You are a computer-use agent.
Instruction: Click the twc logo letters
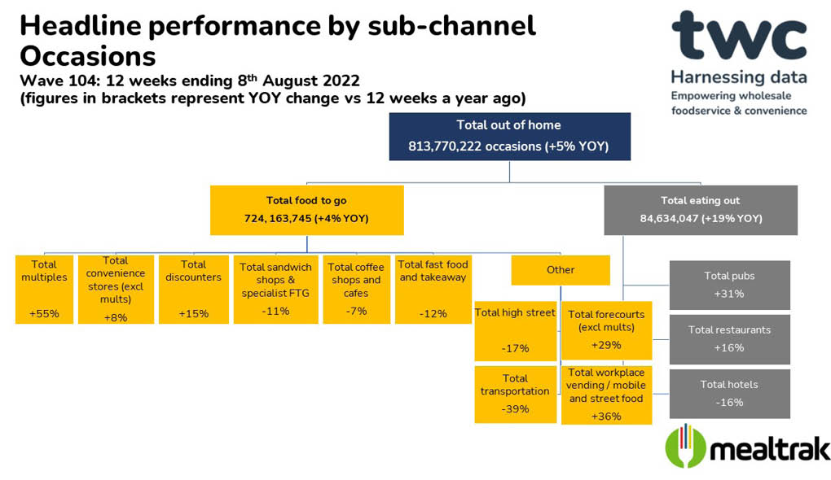point(739,36)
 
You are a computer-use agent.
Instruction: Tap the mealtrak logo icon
point(685,446)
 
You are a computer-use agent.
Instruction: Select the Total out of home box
point(510,137)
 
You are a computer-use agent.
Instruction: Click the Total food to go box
point(307,210)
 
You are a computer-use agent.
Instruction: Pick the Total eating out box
point(701,210)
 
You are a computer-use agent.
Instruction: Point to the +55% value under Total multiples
point(44,314)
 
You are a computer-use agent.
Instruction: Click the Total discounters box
point(193,290)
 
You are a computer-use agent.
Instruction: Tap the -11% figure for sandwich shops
point(275,311)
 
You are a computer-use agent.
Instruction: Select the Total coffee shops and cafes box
point(357,290)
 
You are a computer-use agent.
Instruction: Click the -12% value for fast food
point(433,314)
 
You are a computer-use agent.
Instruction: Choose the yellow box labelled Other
point(561,270)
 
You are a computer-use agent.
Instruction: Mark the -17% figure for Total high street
point(515,348)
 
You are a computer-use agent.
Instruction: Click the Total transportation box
point(515,395)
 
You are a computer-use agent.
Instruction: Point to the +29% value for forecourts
point(606,345)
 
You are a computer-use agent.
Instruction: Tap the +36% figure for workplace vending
point(606,417)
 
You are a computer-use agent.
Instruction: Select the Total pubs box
point(730,286)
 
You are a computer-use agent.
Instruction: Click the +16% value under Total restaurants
point(729,347)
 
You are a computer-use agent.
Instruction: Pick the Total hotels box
point(730,394)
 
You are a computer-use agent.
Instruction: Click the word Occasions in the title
point(88,56)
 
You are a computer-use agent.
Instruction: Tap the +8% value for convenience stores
point(116,317)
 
